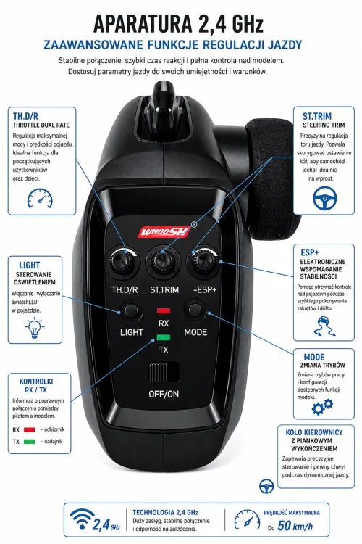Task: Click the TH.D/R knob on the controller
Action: (x=123, y=262)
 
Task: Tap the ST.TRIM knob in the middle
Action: (x=163, y=262)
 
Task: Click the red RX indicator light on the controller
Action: (x=164, y=310)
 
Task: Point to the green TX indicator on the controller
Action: (x=164, y=337)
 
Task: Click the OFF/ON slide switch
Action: (x=164, y=372)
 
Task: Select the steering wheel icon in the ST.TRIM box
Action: (x=324, y=198)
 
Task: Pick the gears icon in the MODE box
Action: (x=322, y=407)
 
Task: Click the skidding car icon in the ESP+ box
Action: (x=324, y=326)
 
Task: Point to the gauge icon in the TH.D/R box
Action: (x=41, y=199)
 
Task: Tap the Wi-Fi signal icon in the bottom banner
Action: (x=82, y=519)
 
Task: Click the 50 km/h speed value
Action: (x=295, y=526)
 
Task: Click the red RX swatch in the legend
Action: (x=30, y=429)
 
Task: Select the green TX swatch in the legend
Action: (x=30, y=442)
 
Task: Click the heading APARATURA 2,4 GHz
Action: (x=178, y=24)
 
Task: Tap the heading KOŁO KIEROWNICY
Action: (x=314, y=432)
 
